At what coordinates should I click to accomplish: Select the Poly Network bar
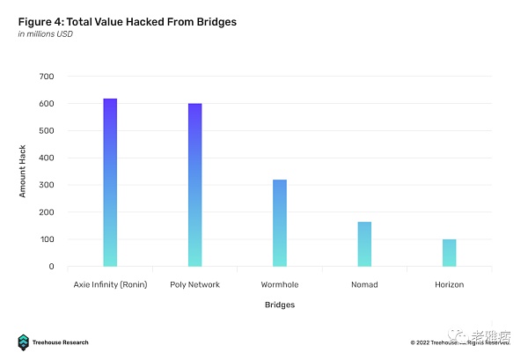[194, 185]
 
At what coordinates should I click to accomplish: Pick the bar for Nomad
[364, 244]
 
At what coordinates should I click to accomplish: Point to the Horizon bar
[449, 253]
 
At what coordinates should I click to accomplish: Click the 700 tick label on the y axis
[47, 77]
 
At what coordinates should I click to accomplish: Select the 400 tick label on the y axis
[47, 158]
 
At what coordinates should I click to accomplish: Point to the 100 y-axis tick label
[47, 239]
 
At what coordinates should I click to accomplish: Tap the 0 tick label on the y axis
[51, 267]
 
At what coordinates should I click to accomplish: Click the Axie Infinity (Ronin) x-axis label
[110, 284]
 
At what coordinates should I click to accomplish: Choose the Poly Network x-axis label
[194, 284]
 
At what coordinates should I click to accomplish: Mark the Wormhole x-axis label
[280, 284]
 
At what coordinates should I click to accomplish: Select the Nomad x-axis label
[364, 284]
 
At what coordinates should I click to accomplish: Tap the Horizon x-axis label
[449, 284]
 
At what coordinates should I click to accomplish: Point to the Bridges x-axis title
[280, 305]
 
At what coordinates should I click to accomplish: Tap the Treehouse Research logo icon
[24, 342]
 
